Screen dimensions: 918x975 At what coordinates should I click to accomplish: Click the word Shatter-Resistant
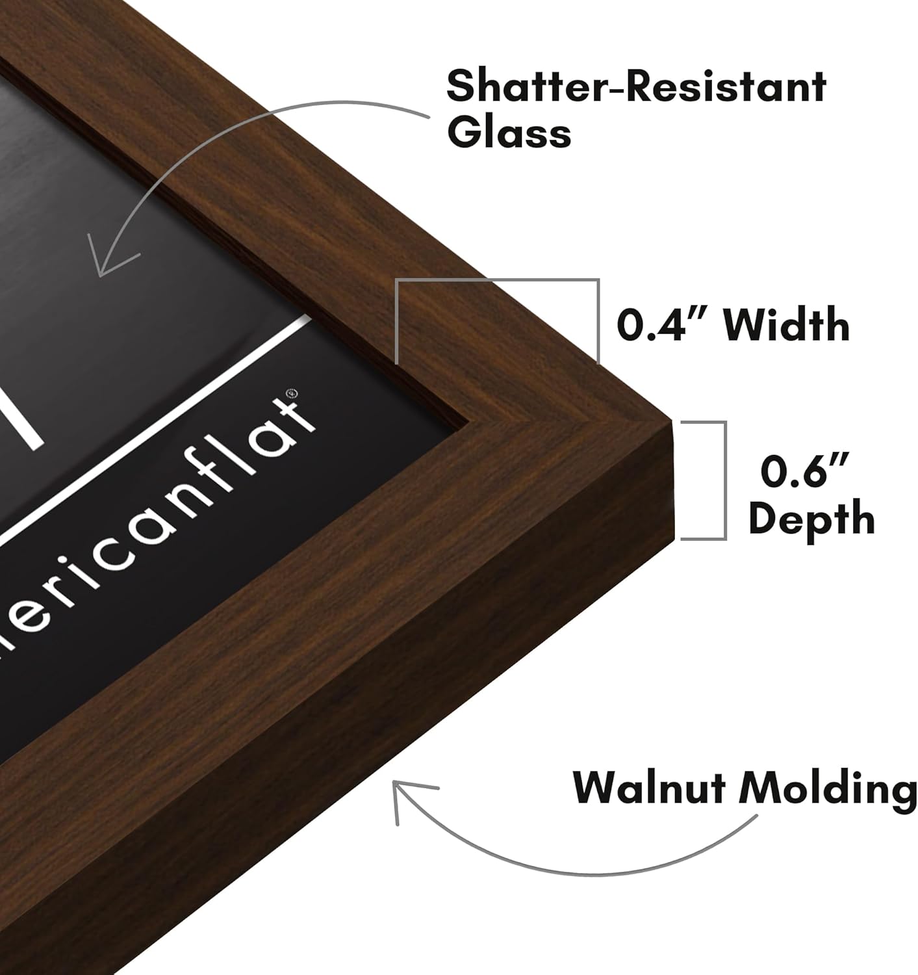click(x=636, y=86)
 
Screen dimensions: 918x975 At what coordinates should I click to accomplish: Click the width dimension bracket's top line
click(x=497, y=280)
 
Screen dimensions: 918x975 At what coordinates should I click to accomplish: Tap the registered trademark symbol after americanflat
click(x=293, y=392)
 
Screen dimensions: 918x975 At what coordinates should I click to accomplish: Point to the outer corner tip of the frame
click(x=671, y=420)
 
